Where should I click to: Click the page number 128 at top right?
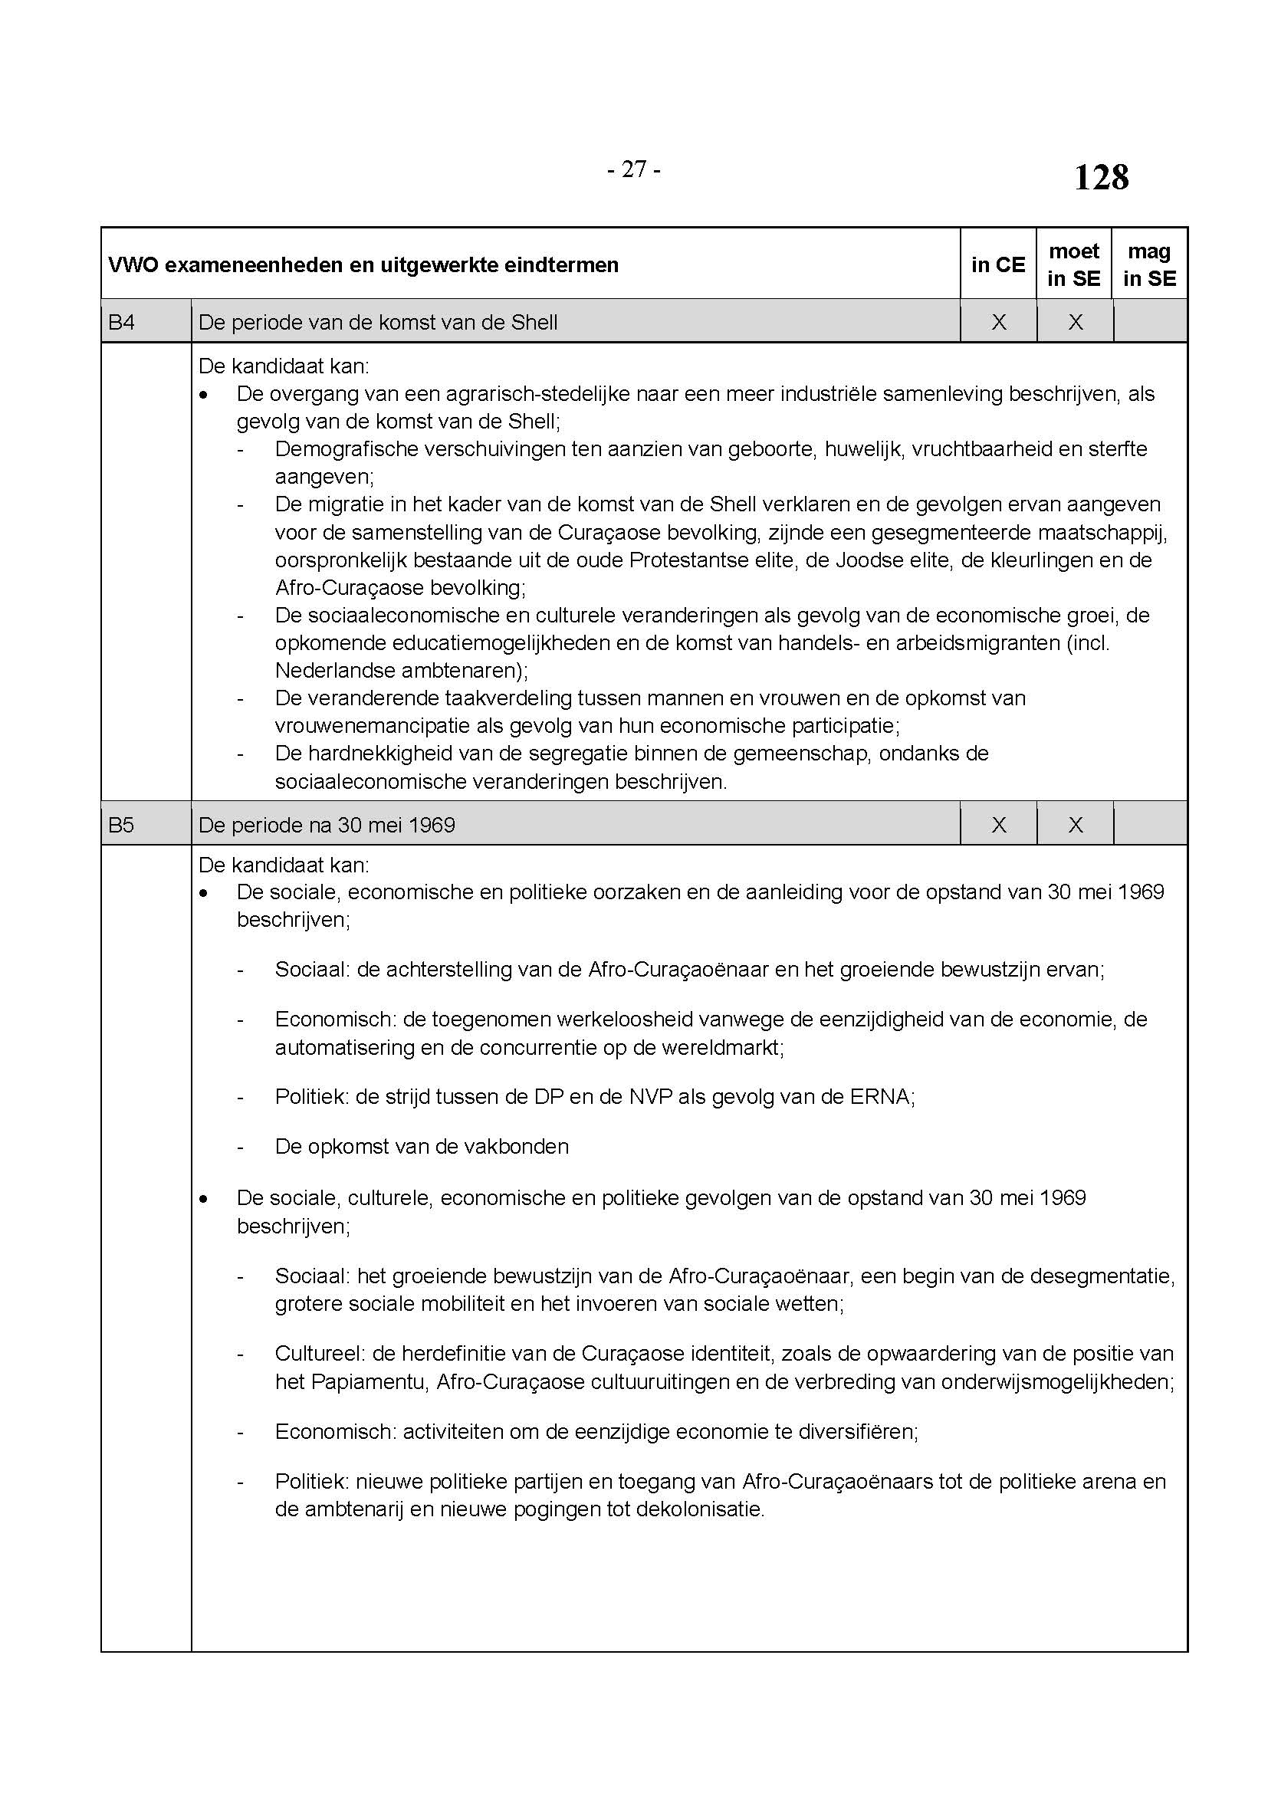point(1101,177)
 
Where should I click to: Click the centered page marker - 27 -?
point(633,169)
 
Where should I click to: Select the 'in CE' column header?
point(998,264)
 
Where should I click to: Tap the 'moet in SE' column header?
point(1073,264)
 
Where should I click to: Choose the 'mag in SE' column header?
point(1149,264)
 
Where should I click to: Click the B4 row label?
point(122,322)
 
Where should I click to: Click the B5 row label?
point(122,825)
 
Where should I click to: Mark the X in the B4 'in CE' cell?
point(998,322)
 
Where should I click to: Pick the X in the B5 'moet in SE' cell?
point(1074,825)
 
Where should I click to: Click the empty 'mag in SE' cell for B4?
point(1149,322)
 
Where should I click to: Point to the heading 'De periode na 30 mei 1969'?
point(327,825)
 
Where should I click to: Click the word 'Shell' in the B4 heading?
point(534,322)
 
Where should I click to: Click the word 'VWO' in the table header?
point(133,264)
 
